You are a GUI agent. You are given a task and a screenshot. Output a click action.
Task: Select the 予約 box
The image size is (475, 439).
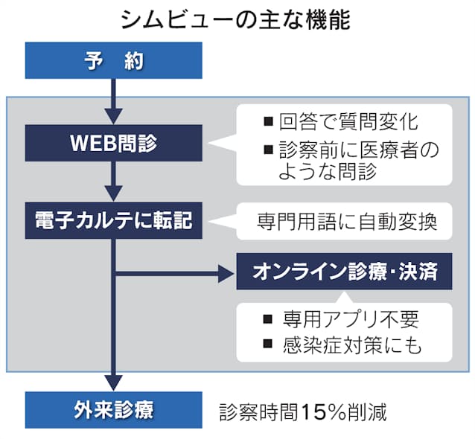click(x=113, y=61)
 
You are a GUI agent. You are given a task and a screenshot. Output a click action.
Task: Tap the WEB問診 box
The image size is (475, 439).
click(x=113, y=142)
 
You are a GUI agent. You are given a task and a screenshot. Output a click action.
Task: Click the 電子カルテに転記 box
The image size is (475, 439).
click(x=113, y=221)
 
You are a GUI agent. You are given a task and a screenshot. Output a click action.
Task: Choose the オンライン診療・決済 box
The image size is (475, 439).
click(x=344, y=274)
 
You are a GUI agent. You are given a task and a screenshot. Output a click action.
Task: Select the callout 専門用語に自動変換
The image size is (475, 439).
click(x=343, y=222)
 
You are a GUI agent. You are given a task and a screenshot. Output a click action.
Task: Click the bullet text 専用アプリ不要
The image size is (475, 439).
click(x=351, y=320)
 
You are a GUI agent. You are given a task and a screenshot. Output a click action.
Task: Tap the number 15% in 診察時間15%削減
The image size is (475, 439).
click(x=324, y=412)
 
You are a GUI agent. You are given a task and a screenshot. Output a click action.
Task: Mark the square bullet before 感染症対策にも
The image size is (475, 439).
click(x=268, y=345)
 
